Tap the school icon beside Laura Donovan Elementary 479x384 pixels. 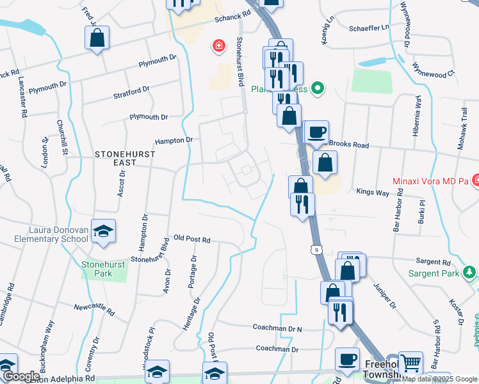(x=102, y=231)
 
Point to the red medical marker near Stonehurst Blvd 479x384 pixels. (x=219, y=46)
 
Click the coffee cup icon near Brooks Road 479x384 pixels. (x=316, y=132)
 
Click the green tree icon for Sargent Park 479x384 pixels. (x=469, y=273)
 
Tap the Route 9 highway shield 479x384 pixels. (x=315, y=248)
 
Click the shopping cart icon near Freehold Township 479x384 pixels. (x=410, y=363)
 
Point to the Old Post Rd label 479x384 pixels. (x=192, y=239)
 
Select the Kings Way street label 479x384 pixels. (x=373, y=191)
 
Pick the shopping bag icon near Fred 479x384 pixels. (x=97, y=38)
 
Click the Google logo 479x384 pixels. (x=21, y=376)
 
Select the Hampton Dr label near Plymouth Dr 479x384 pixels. (x=174, y=140)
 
